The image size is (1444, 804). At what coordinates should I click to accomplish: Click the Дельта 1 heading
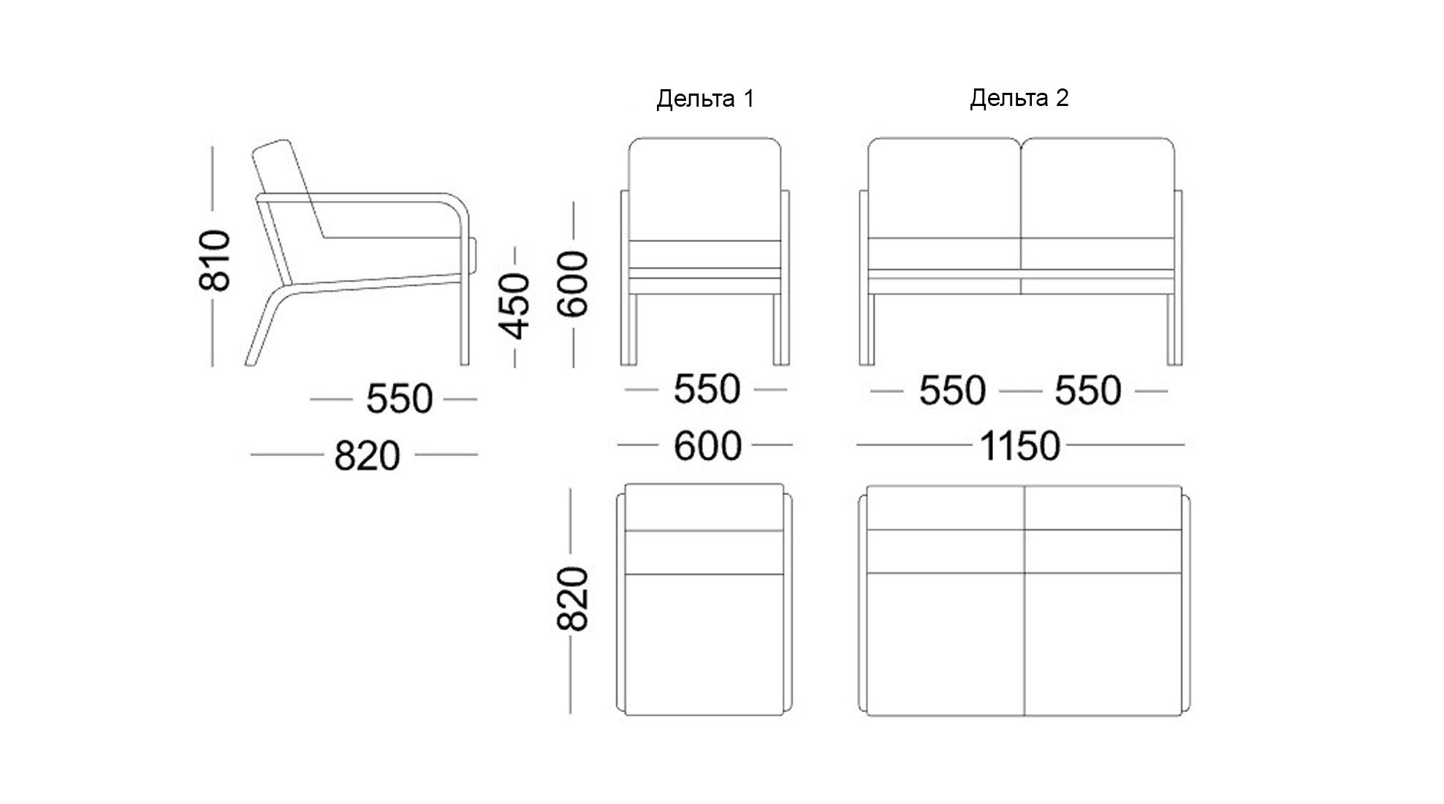(705, 99)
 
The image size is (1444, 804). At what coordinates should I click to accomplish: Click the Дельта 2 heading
(1019, 98)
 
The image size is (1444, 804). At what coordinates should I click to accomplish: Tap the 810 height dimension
(215, 260)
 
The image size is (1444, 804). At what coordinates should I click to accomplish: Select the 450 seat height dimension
(514, 306)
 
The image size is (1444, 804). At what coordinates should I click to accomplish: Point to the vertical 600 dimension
(574, 284)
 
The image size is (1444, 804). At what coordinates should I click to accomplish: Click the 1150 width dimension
(1019, 446)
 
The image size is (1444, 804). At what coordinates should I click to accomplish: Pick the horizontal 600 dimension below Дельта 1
(707, 446)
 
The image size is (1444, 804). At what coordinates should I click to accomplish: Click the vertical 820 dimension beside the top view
(572, 599)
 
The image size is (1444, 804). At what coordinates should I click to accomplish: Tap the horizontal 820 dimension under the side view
(367, 456)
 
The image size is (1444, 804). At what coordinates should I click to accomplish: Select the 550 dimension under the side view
(399, 399)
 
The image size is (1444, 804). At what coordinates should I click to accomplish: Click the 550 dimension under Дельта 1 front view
(707, 389)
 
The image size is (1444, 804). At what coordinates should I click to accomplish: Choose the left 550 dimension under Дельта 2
(952, 390)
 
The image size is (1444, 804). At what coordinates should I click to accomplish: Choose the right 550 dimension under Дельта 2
(1087, 390)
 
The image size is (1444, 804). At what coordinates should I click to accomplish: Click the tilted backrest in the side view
(290, 189)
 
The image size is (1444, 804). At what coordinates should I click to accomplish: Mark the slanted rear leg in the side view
(267, 326)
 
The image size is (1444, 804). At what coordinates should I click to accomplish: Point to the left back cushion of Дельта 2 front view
(944, 188)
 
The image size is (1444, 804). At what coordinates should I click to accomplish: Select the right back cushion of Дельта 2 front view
(1098, 188)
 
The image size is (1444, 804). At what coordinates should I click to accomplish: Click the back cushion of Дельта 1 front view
(705, 189)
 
